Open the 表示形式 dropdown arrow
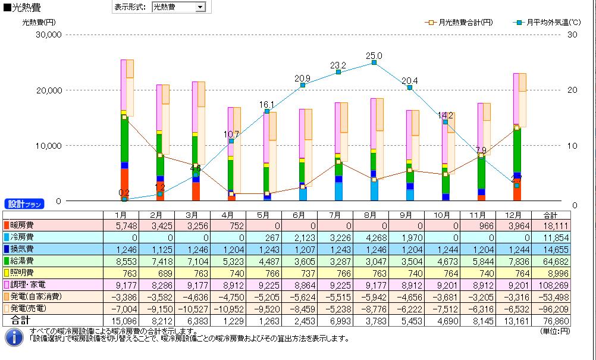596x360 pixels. [x=200, y=7]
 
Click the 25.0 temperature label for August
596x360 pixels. [x=374, y=56]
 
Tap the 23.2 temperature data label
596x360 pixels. [x=338, y=65]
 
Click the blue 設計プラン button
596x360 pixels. [x=24, y=204]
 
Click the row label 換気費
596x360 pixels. [x=23, y=249]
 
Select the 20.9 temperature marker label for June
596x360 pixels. [x=302, y=79]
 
